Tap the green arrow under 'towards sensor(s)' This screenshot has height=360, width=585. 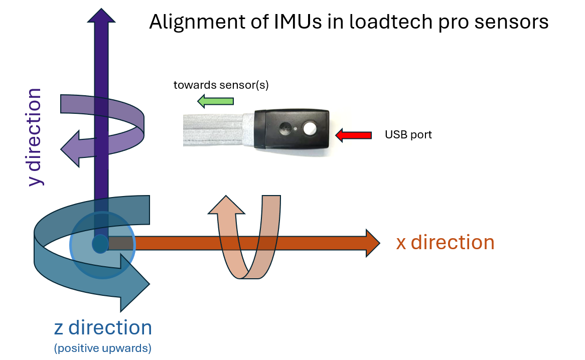pos(215,102)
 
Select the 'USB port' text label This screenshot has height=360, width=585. pos(408,135)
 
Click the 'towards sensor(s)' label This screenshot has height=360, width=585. pos(221,85)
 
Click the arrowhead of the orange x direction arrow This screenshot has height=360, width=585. pos(372,243)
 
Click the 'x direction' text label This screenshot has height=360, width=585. pos(445,243)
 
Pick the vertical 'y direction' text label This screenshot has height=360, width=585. pos(35,137)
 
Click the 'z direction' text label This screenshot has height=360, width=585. pos(103,328)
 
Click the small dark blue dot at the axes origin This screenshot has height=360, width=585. pos(100,244)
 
